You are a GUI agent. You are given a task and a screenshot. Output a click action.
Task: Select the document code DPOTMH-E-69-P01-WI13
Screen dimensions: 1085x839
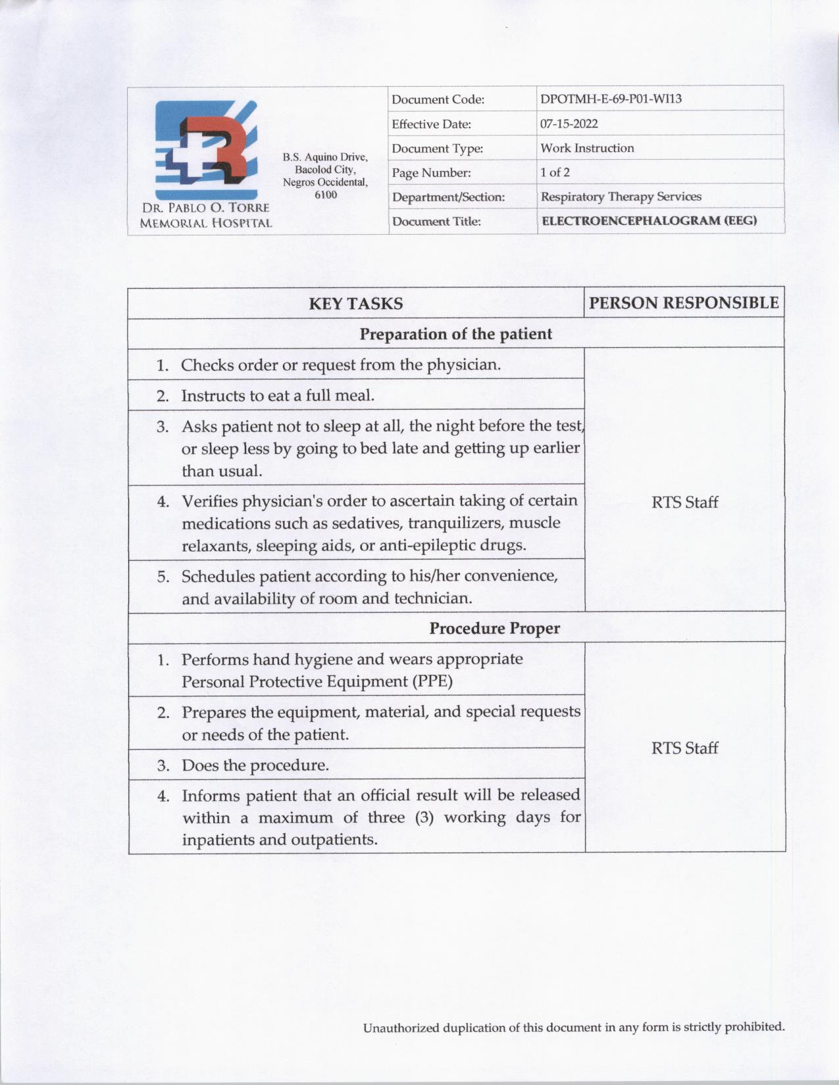click(610, 99)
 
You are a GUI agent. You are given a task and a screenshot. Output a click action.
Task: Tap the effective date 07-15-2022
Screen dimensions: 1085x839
click(569, 124)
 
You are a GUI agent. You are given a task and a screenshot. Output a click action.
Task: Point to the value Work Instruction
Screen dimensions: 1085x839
click(587, 148)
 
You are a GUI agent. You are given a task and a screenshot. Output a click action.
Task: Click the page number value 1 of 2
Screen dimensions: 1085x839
click(555, 172)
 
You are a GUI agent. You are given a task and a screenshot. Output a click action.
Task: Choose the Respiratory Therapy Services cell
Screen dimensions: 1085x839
click(621, 197)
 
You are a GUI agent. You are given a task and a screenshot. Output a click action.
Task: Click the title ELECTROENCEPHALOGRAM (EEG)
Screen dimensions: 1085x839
click(649, 220)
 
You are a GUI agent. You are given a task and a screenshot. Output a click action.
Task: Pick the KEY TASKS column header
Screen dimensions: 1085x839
click(356, 303)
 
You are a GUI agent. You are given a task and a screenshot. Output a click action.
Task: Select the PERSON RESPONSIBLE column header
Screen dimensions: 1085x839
click(684, 302)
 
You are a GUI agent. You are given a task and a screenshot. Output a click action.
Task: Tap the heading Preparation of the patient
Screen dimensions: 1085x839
click(455, 334)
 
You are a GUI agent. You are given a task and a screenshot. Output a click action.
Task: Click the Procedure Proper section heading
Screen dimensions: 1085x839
click(494, 628)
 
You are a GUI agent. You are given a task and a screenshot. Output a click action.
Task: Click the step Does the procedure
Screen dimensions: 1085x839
click(255, 765)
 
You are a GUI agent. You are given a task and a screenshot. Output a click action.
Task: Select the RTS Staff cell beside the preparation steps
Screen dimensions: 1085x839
click(684, 502)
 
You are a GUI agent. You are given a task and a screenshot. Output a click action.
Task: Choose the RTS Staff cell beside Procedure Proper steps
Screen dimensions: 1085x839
click(684, 748)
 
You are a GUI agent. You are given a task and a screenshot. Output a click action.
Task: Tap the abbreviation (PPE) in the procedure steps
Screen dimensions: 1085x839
click(432, 681)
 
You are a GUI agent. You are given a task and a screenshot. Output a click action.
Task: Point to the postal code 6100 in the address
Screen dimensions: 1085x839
click(326, 195)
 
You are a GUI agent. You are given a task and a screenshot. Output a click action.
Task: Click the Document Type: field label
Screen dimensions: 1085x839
click(437, 149)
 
